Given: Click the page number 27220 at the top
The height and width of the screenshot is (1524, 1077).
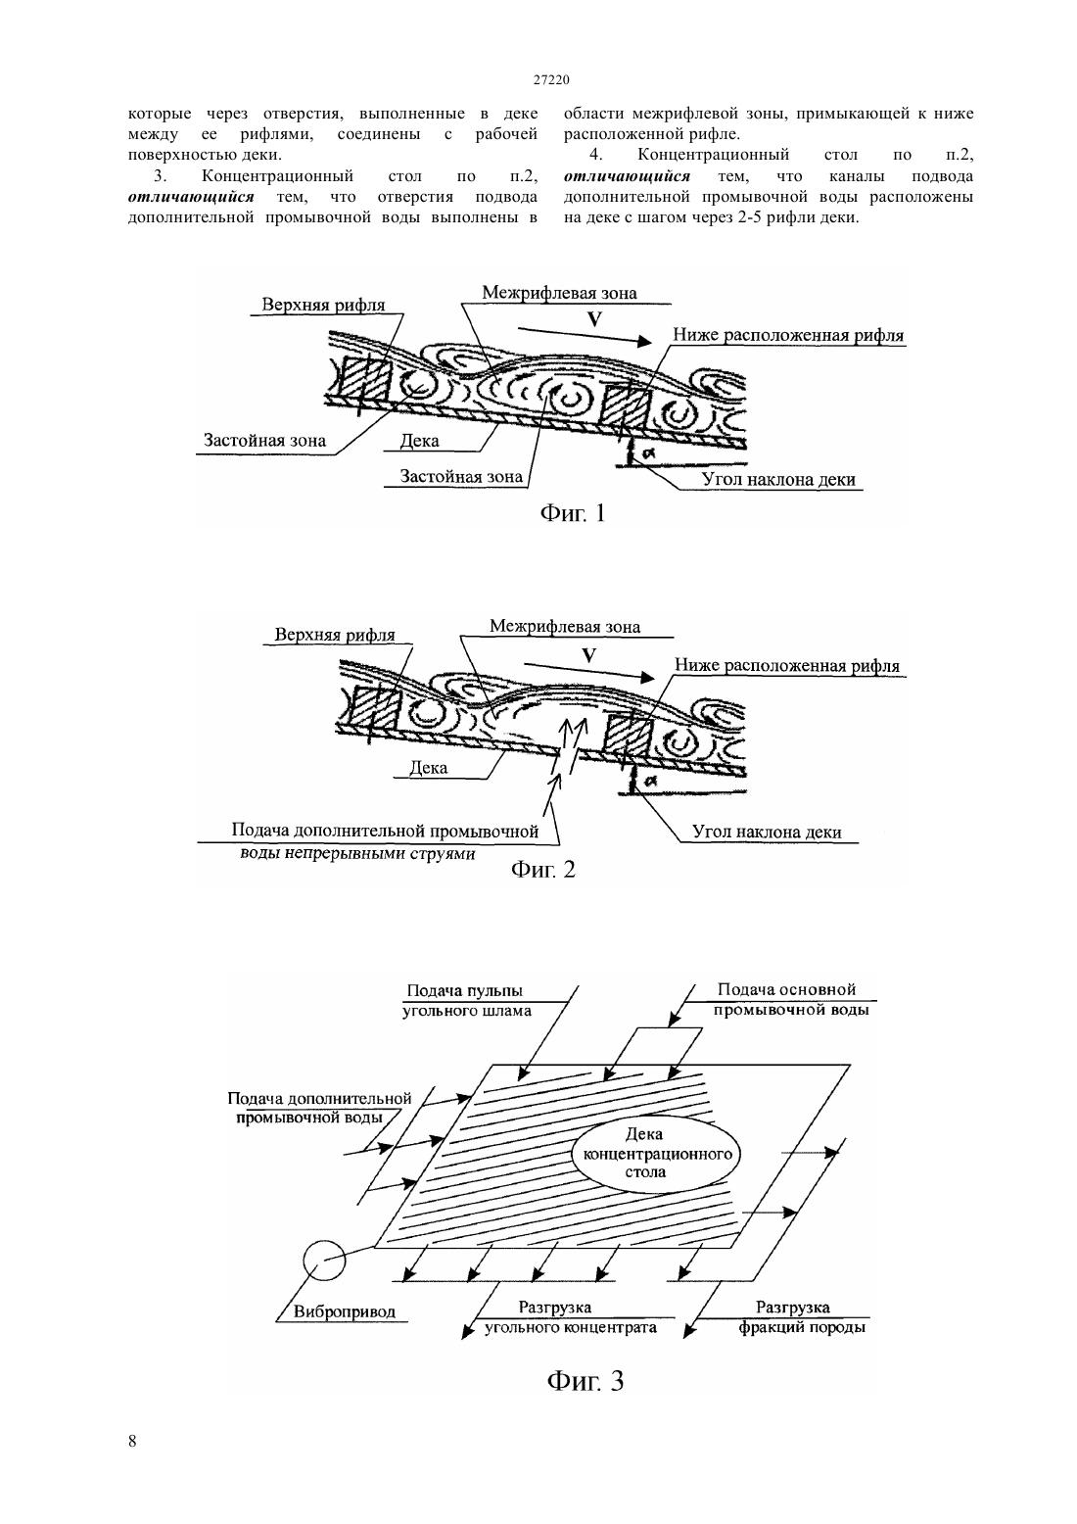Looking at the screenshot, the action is click(x=551, y=79).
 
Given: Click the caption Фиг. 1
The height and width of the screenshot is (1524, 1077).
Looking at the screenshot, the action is click(x=573, y=513).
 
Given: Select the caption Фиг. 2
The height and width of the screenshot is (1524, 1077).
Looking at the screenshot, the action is click(x=542, y=870).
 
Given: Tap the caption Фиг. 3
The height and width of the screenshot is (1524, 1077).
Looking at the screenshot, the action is click(x=585, y=1380).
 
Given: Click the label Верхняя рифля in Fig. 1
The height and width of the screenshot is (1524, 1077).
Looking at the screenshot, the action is click(x=324, y=305).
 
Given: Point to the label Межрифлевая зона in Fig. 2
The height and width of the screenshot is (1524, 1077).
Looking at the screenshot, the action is click(x=565, y=626).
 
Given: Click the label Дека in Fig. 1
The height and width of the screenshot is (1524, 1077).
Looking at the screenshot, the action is click(x=419, y=441).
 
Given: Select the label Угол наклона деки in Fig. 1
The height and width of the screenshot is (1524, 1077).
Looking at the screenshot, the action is click(x=778, y=480).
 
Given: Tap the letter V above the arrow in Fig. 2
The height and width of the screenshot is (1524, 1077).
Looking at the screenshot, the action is click(x=588, y=656).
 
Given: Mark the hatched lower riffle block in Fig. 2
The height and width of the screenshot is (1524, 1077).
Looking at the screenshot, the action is click(x=629, y=737).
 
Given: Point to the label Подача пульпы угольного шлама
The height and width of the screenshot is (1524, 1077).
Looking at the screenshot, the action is click(x=466, y=1001).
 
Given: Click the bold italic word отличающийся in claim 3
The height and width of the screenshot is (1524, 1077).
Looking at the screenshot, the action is click(x=191, y=197).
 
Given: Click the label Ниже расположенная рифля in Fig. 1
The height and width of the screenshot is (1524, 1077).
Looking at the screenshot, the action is click(x=789, y=335).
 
